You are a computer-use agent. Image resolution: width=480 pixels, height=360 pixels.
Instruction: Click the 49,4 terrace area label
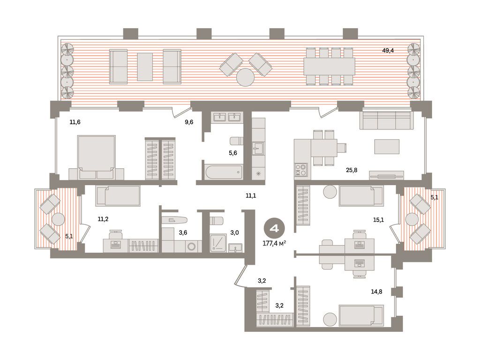388,51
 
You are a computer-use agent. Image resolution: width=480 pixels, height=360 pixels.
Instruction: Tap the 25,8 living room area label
352,170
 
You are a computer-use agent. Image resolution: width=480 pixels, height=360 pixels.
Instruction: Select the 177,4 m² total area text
274,243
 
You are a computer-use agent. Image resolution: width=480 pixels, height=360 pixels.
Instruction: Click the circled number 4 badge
274,228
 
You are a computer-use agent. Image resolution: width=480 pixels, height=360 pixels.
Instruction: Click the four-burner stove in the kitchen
300,170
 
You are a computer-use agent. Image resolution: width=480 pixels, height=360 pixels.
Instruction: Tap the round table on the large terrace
245,77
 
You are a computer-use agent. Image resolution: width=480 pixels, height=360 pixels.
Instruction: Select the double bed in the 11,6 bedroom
97,157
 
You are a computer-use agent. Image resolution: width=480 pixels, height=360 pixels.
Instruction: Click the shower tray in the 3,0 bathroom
218,243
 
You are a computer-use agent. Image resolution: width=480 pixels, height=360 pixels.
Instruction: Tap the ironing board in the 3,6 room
174,220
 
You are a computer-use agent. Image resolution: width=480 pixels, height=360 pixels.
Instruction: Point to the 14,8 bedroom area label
376,292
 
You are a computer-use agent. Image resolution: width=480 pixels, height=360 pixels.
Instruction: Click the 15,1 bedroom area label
378,220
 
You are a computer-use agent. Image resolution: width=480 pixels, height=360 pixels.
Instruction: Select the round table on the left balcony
58,219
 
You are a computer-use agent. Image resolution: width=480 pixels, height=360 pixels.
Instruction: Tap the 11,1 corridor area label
251,196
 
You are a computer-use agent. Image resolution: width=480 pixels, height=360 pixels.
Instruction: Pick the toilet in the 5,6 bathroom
236,141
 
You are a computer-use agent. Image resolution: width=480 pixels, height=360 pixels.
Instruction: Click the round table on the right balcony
412,219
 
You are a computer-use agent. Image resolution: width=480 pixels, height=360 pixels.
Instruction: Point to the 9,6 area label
189,122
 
